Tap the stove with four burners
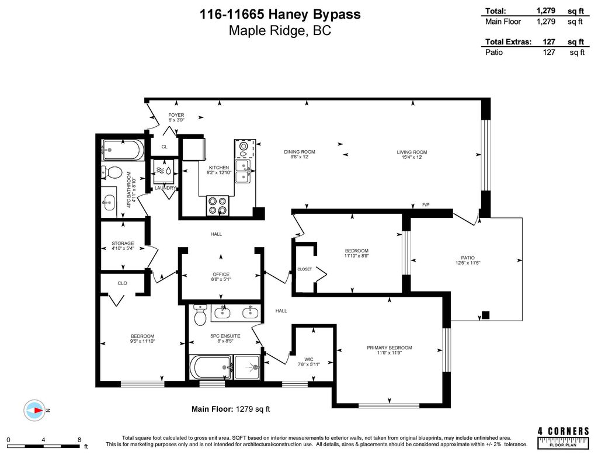pos(218,205)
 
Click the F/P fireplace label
pos(426,204)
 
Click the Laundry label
pos(165,187)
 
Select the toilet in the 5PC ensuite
pos(200,315)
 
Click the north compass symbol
pos(36,411)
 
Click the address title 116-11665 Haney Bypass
pos(280,14)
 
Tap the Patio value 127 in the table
pos(548,52)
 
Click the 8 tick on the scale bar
pos(79,440)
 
